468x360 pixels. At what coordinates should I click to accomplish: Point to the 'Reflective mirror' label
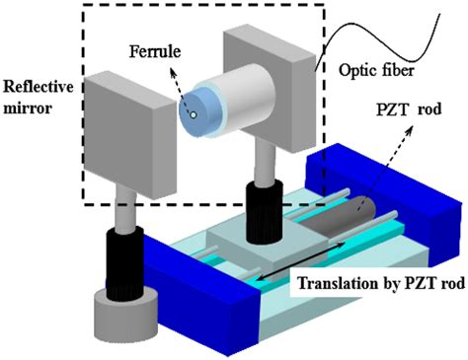point(36,96)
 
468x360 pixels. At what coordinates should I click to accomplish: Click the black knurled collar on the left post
point(121,253)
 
